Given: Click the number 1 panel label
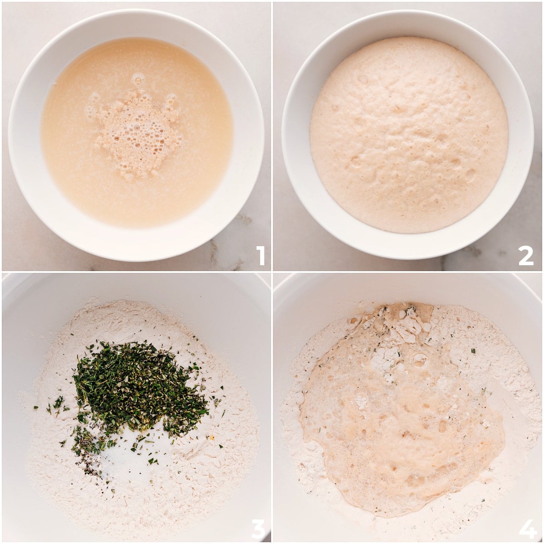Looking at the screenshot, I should (x=260, y=255).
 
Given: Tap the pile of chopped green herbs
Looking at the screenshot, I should (x=136, y=385).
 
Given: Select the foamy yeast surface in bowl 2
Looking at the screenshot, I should (x=408, y=136).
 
